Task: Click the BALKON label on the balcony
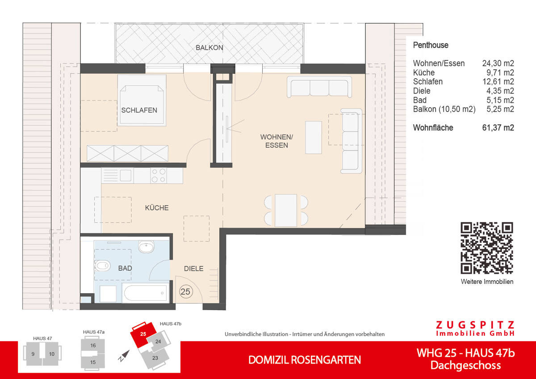pos(209,48)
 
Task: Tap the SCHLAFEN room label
pos(139,110)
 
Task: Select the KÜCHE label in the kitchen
pos(156,208)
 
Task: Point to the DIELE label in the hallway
pos(193,269)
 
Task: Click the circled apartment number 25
pos(185,292)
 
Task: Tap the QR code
pos(487,248)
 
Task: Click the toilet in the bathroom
pos(101,266)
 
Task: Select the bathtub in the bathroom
pos(146,294)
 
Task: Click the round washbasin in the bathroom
pos(146,247)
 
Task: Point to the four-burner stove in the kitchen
pos(158,175)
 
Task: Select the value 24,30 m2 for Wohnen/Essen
pos(498,63)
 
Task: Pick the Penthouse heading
pos(431,45)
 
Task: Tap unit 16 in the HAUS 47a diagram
pos(93,345)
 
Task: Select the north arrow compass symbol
pos(124,355)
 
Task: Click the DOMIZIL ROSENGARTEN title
pos(304,360)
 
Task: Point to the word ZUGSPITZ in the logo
pos(475,325)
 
